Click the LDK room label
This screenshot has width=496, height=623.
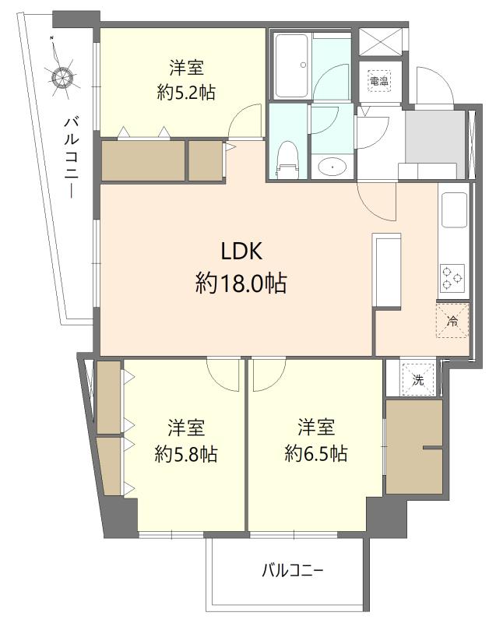point(241,251)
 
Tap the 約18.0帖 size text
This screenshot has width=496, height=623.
point(241,283)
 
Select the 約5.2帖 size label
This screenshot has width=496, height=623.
point(186,93)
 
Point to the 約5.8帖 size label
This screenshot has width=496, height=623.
point(186,454)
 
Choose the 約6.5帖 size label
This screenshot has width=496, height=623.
point(316,453)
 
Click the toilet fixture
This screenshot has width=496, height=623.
point(287,160)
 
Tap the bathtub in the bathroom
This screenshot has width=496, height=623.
point(291,66)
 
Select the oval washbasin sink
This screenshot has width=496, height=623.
point(332,167)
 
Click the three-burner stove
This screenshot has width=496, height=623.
point(452,278)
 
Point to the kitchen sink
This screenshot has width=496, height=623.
point(454,209)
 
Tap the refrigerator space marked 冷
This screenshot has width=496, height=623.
point(452,320)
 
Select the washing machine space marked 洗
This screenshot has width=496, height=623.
point(418,380)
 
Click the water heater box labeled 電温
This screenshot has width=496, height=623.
point(379,81)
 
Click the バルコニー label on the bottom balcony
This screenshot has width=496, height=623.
point(292,571)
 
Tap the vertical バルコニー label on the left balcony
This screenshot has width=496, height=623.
point(72,157)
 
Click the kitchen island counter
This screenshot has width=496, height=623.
point(386,269)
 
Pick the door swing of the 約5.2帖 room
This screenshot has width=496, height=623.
point(245,121)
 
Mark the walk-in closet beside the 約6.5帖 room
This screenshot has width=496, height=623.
point(413,447)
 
